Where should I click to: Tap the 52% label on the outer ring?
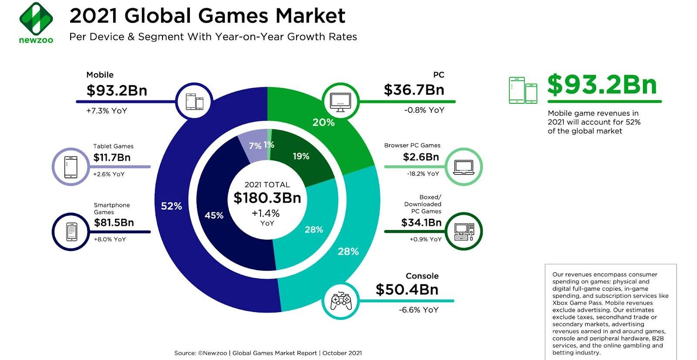pos(171,206)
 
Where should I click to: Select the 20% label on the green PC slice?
pos(323,122)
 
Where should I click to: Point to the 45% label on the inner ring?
pos(214,215)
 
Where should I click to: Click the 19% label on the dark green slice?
pos(301,156)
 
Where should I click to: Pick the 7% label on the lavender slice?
pos(255,146)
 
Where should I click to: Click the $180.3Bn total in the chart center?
pos(267,198)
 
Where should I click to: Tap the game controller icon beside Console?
pos(341,301)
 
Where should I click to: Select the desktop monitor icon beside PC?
pos(341,102)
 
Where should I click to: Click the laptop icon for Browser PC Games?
pos(464,167)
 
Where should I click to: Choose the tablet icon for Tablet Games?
pos(71,167)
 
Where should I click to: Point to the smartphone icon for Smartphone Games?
pos(71,231)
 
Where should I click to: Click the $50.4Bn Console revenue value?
pos(407,289)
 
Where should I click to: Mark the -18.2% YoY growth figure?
pos(423,174)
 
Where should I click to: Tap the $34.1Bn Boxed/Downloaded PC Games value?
pos(421,223)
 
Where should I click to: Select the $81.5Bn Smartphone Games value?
pos(114,223)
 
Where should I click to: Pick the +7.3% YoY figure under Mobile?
pos(107,111)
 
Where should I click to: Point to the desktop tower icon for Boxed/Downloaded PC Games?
pos(464,231)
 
